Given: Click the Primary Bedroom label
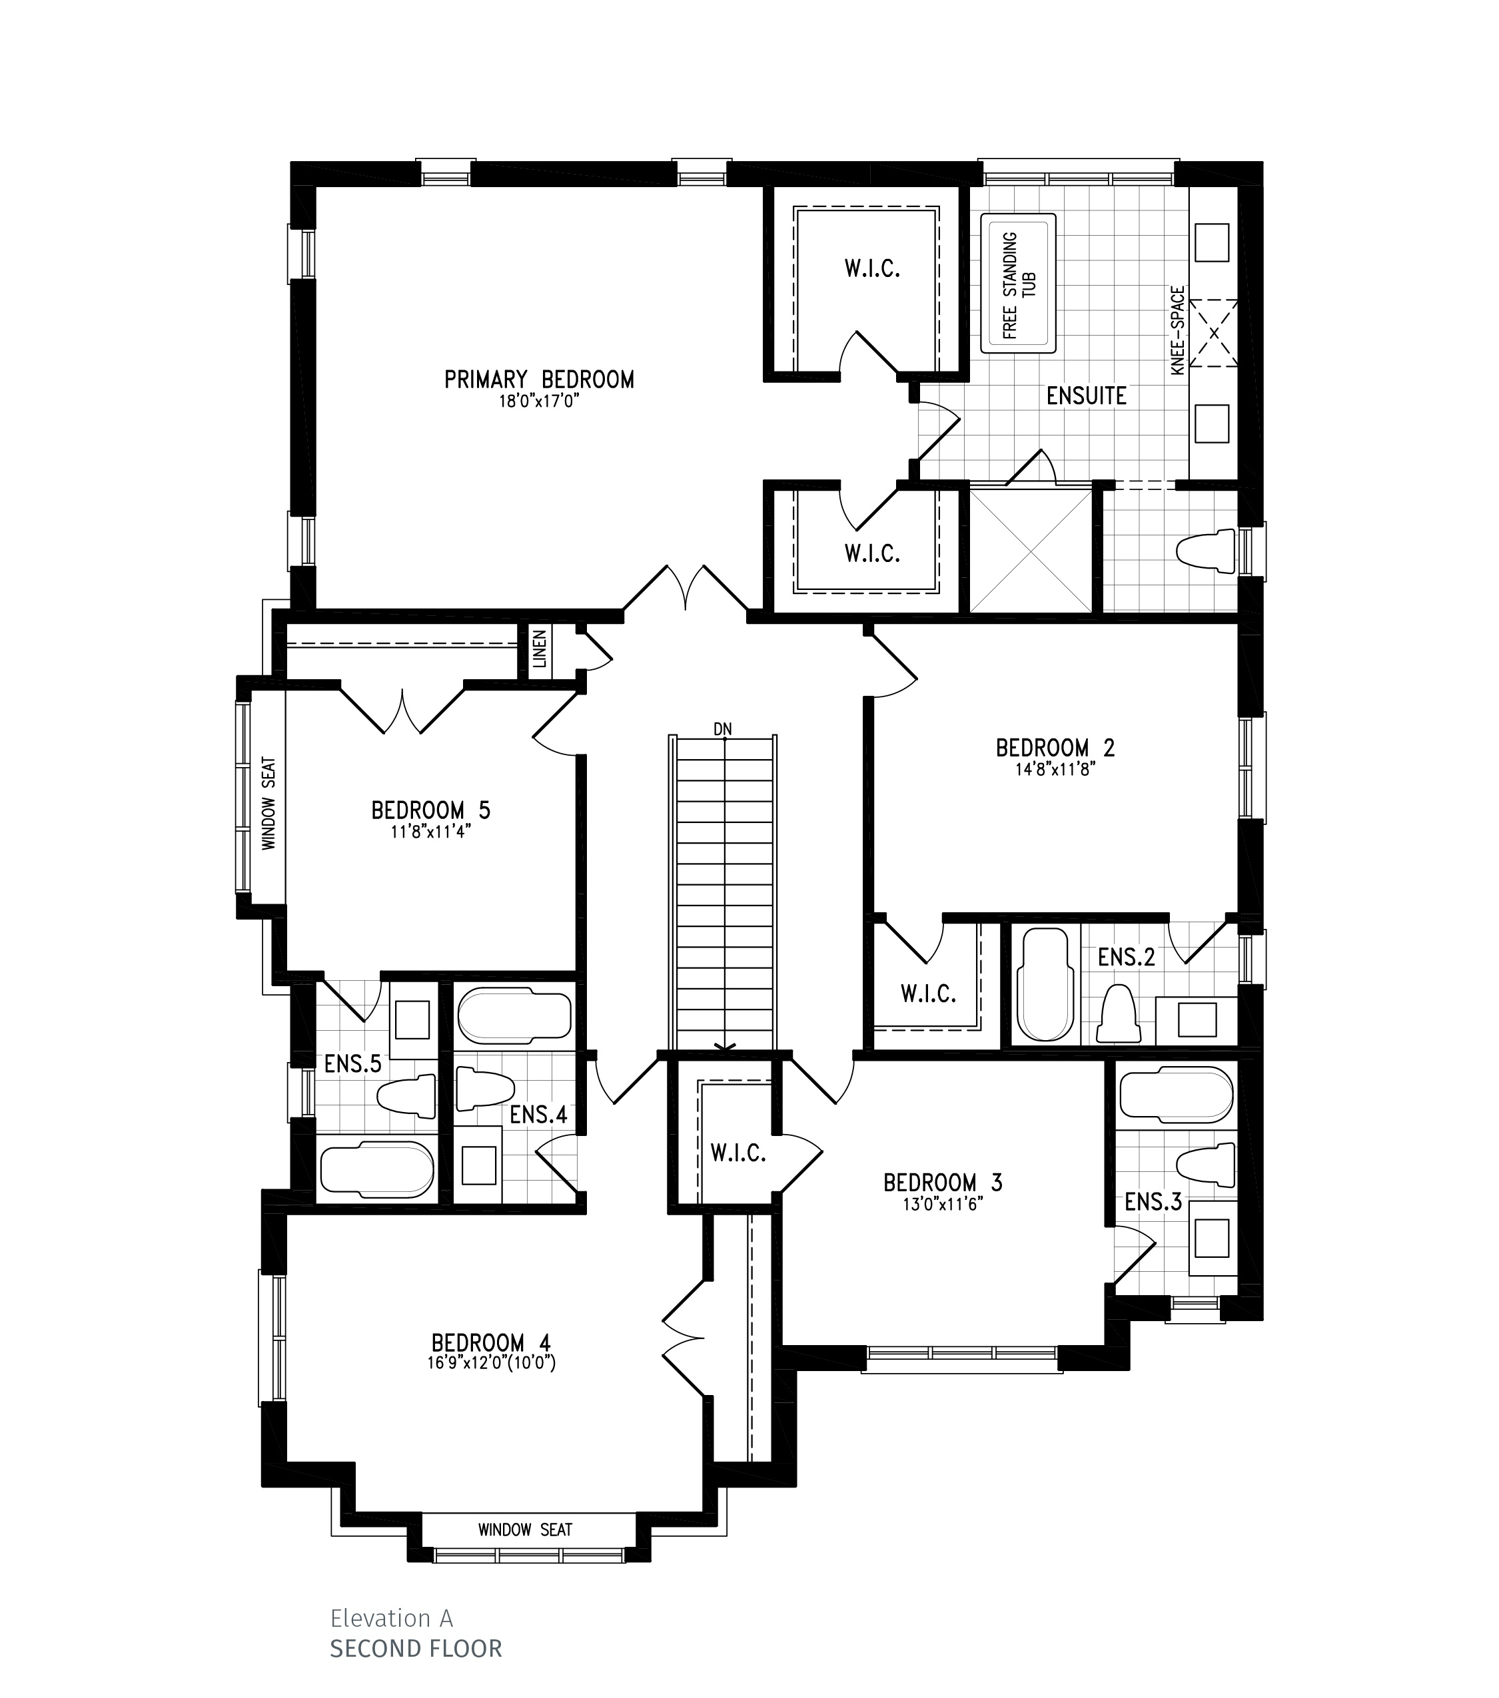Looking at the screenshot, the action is click(538, 380).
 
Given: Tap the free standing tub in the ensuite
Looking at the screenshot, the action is click(1018, 284).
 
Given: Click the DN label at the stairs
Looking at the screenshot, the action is click(723, 729).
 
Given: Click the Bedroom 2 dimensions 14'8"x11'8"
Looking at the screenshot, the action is click(1055, 768).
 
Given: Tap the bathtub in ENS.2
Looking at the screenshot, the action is click(1046, 984).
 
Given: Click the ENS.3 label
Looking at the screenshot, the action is click(1153, 1201).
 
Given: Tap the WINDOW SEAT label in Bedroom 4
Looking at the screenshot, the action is click(525, 1530).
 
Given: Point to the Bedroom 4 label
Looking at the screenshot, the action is click(491, 1343).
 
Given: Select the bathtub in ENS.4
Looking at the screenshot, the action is click(514, 1015).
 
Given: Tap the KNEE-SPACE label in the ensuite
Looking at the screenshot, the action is click(1179, 331).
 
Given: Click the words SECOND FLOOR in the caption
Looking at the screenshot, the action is click(416, 1648).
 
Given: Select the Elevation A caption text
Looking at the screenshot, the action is click(391, 1617).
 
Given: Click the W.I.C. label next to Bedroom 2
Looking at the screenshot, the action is click(928, 993).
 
